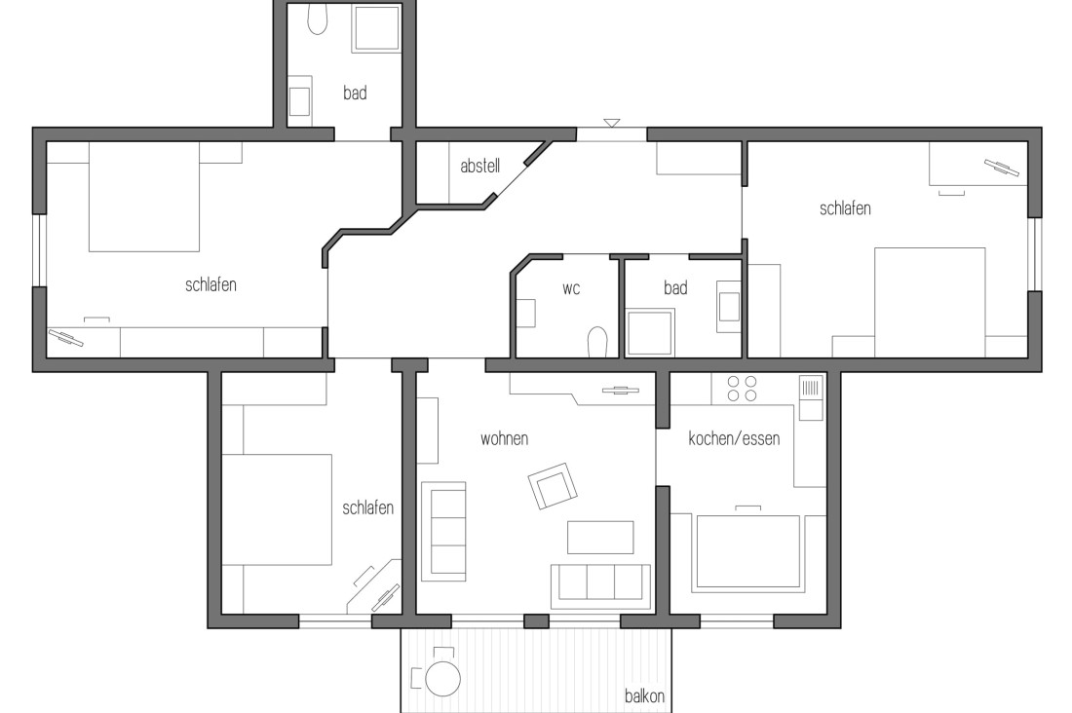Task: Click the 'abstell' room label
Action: [479, 167]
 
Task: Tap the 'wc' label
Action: [571, 288]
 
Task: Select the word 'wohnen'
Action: [504, 439]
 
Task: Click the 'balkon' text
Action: [644, 697]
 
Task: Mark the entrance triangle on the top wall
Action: [611, 123]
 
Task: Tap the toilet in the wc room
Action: [597, 342]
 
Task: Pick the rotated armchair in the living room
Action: [553, 485]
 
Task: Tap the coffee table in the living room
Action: [600, 537]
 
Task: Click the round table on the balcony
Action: [443, 678]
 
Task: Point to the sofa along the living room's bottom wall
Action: [600, 582]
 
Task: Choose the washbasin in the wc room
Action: [526, 313]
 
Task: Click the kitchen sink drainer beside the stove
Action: [811, 397]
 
